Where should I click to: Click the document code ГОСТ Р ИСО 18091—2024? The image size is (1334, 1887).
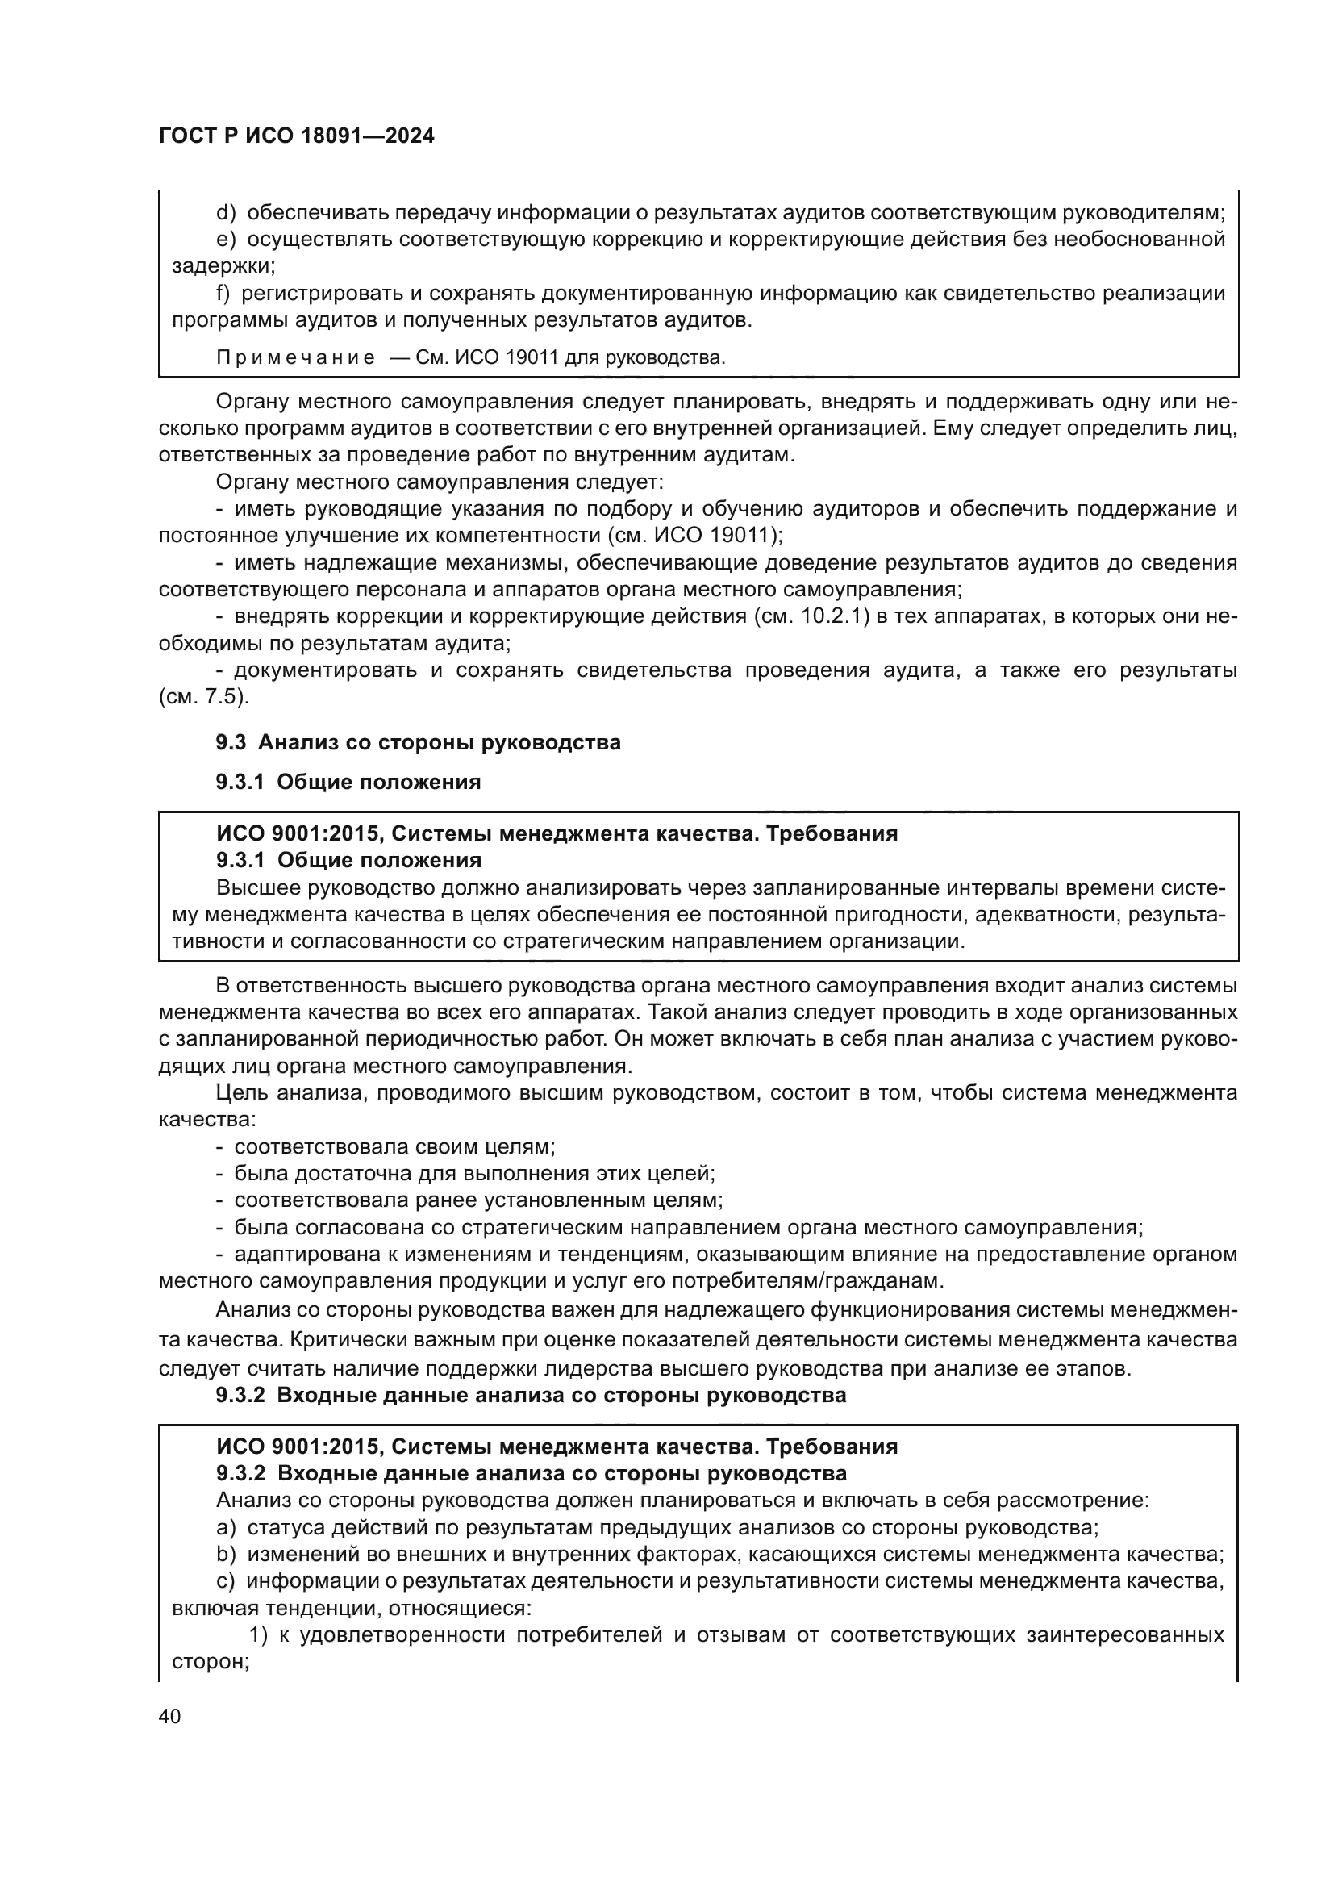pyautogui.click(x=296, y=136)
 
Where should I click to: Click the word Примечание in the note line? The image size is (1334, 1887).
pyautogui.click(x=296, y=358)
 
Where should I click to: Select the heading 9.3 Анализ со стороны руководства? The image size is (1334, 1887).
pyautogui.click(x=418, y=742)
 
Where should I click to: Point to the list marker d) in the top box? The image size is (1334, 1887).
pyautogui.click(x=226, y=213)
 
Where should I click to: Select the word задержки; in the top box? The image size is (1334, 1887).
pyautogui.click(x=223, y=266)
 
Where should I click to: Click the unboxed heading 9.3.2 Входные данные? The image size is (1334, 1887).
pyautogui.click(x=531, y=1395)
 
